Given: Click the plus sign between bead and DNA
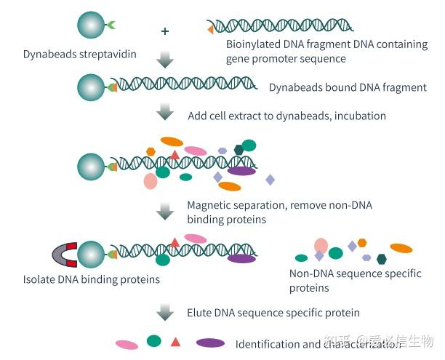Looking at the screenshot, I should click(165, 31).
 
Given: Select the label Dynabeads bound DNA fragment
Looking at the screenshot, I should click(348, 87).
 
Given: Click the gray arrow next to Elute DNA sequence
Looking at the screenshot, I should click(166, 312).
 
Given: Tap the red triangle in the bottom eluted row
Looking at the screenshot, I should click(175, 341).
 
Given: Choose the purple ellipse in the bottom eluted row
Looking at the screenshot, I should click(210, 342).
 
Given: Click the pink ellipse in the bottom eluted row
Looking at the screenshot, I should click(127, 344).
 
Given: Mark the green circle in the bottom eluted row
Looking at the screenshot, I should click(153, 340).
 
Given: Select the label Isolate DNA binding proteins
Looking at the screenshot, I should click(92, 279).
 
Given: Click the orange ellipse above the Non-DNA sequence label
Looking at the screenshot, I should click(401, 248).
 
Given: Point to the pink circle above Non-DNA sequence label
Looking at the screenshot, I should click(321, 245).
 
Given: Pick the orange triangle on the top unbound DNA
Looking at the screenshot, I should click(210, 28).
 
